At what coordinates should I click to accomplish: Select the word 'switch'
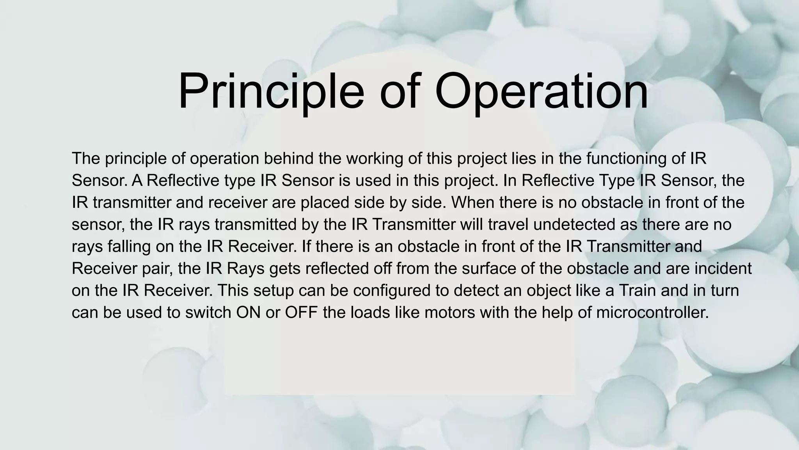pyautogui.click(x=208, y=312)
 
